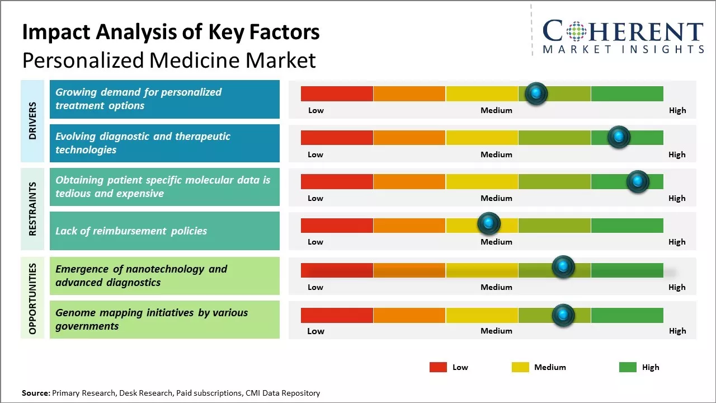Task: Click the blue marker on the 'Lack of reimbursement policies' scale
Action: (489, 224)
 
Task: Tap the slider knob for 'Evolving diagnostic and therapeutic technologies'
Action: (619, 137)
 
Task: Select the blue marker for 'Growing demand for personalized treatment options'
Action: (536, 93)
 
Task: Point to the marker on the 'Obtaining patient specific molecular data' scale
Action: (637, 181)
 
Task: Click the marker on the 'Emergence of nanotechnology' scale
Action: (563, 267)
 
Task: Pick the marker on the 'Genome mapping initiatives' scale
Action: (563, 315)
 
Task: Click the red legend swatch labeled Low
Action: (438, 367)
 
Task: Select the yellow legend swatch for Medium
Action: (520, 367)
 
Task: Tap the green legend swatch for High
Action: (628, 367)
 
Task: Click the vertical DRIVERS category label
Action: (32, 120)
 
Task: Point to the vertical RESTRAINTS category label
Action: (32, 208)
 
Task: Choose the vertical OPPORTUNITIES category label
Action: (32, 298)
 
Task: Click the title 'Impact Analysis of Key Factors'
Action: (171, 32)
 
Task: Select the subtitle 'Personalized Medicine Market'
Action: (169, 60)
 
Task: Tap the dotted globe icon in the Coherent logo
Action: (576, 31)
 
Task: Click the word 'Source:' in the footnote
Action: (36, 393)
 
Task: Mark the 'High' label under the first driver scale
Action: (677, 110)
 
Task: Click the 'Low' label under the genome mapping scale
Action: (315, 331)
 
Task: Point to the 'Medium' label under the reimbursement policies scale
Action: (496, 242)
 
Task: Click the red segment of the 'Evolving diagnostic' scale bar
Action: (337, 138)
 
